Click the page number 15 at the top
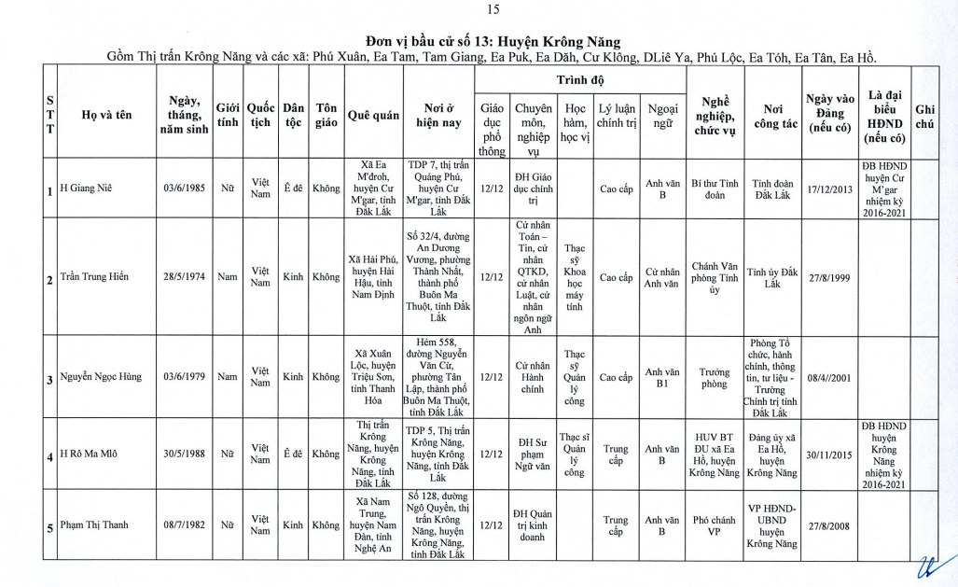493,10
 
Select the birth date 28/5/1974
184,277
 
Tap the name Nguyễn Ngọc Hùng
101,377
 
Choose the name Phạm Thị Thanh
95,524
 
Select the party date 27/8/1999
830,277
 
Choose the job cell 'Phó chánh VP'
715,524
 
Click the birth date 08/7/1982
184,524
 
